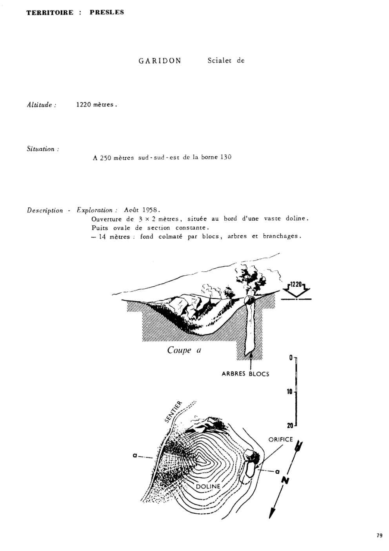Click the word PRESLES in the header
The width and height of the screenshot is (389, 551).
[107, 12]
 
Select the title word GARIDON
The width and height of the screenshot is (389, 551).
[160, 61]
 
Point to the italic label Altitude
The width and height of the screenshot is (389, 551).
[41, 105]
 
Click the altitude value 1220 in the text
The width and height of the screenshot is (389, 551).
[84, 104]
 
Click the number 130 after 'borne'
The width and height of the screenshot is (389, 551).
[225, 157]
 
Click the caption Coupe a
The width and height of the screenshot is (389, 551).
[184, 350]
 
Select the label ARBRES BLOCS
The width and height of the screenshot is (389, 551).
[245, 374]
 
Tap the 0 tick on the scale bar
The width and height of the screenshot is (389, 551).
[291, 357]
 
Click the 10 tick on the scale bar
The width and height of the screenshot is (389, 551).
[289, 392]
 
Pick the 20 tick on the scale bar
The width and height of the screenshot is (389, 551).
[290, 425]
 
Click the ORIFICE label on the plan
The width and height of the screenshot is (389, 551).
[280, 439]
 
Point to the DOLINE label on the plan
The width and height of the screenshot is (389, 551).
[208, 486]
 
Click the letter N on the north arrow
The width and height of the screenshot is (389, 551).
[285, 480]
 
